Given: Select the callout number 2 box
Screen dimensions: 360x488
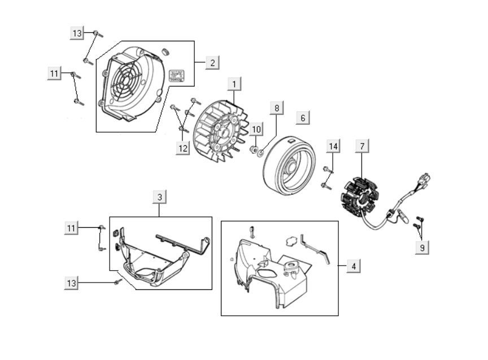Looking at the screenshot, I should tap(212, 62).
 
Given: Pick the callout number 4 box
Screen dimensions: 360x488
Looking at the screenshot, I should tap(354, 266).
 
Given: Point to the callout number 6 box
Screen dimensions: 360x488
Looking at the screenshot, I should tap(303, 118).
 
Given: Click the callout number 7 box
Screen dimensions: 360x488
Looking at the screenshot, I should tap(362, 146).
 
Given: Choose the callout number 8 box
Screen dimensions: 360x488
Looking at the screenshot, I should tap(277, 107).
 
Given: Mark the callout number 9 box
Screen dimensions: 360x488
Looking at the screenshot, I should tap(422, 247).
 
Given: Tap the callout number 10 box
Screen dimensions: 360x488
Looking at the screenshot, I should tap(255, 129).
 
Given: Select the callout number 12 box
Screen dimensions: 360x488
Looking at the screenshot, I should tap(182, 148).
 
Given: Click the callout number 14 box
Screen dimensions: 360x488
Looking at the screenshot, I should tap(333, 146).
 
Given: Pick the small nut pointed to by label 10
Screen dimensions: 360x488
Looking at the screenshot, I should tap(254, 150).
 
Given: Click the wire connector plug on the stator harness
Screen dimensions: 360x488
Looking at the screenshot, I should tap(425, 180).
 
